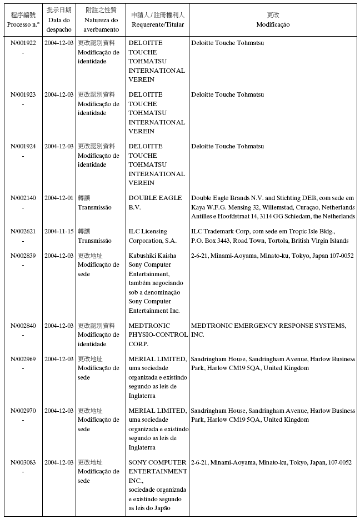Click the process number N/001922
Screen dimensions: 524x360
click(23, 43)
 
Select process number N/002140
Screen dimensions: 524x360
click(23, 198)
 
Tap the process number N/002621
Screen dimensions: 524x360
click(23, 231)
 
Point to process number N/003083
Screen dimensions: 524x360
click(23, 462)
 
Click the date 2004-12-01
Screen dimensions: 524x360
click(59, 198)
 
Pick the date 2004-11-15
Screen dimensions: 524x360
click(59, 231)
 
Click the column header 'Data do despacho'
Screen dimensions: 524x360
click(59, 24)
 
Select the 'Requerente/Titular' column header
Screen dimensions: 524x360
click(158, 25)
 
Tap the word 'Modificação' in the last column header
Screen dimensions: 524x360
click(273, 25)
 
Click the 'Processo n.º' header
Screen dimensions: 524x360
click(23, 25)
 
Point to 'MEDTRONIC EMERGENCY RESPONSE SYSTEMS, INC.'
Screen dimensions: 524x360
click(268, 330)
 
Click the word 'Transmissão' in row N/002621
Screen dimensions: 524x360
click(94, 241)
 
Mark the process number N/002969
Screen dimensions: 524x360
click(23, 359)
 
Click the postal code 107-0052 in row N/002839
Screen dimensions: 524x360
click(339, 256)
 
